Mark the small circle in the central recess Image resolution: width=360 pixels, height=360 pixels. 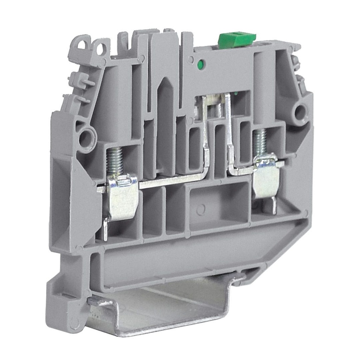click(x=201, y=210)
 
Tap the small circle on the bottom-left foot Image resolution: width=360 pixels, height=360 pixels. click(x=73, y=324)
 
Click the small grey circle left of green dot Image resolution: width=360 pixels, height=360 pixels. click(x=191, y=60)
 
